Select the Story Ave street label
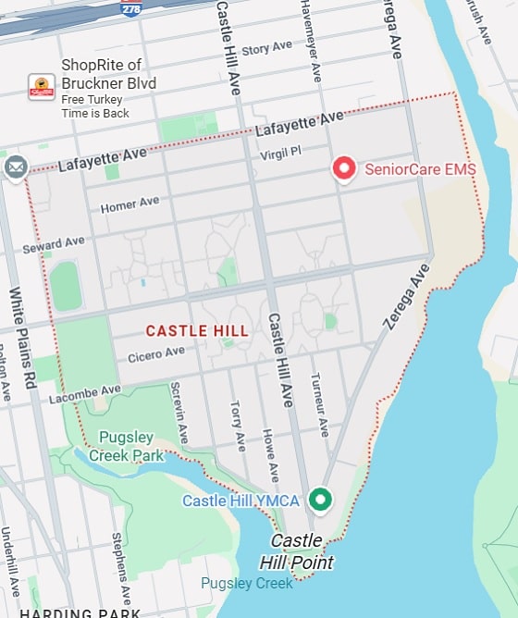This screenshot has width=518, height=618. coord(266,47)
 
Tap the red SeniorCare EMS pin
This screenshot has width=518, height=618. coord(344,168)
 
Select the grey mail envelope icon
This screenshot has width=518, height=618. coord(16,167)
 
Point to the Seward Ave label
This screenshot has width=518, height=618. coord(54,245)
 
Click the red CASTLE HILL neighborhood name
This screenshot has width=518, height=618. coord(197,330)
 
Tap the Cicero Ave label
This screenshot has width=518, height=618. coord(156,353)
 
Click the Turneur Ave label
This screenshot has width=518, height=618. coord(318,405)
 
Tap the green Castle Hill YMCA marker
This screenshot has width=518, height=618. coord(320,500)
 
